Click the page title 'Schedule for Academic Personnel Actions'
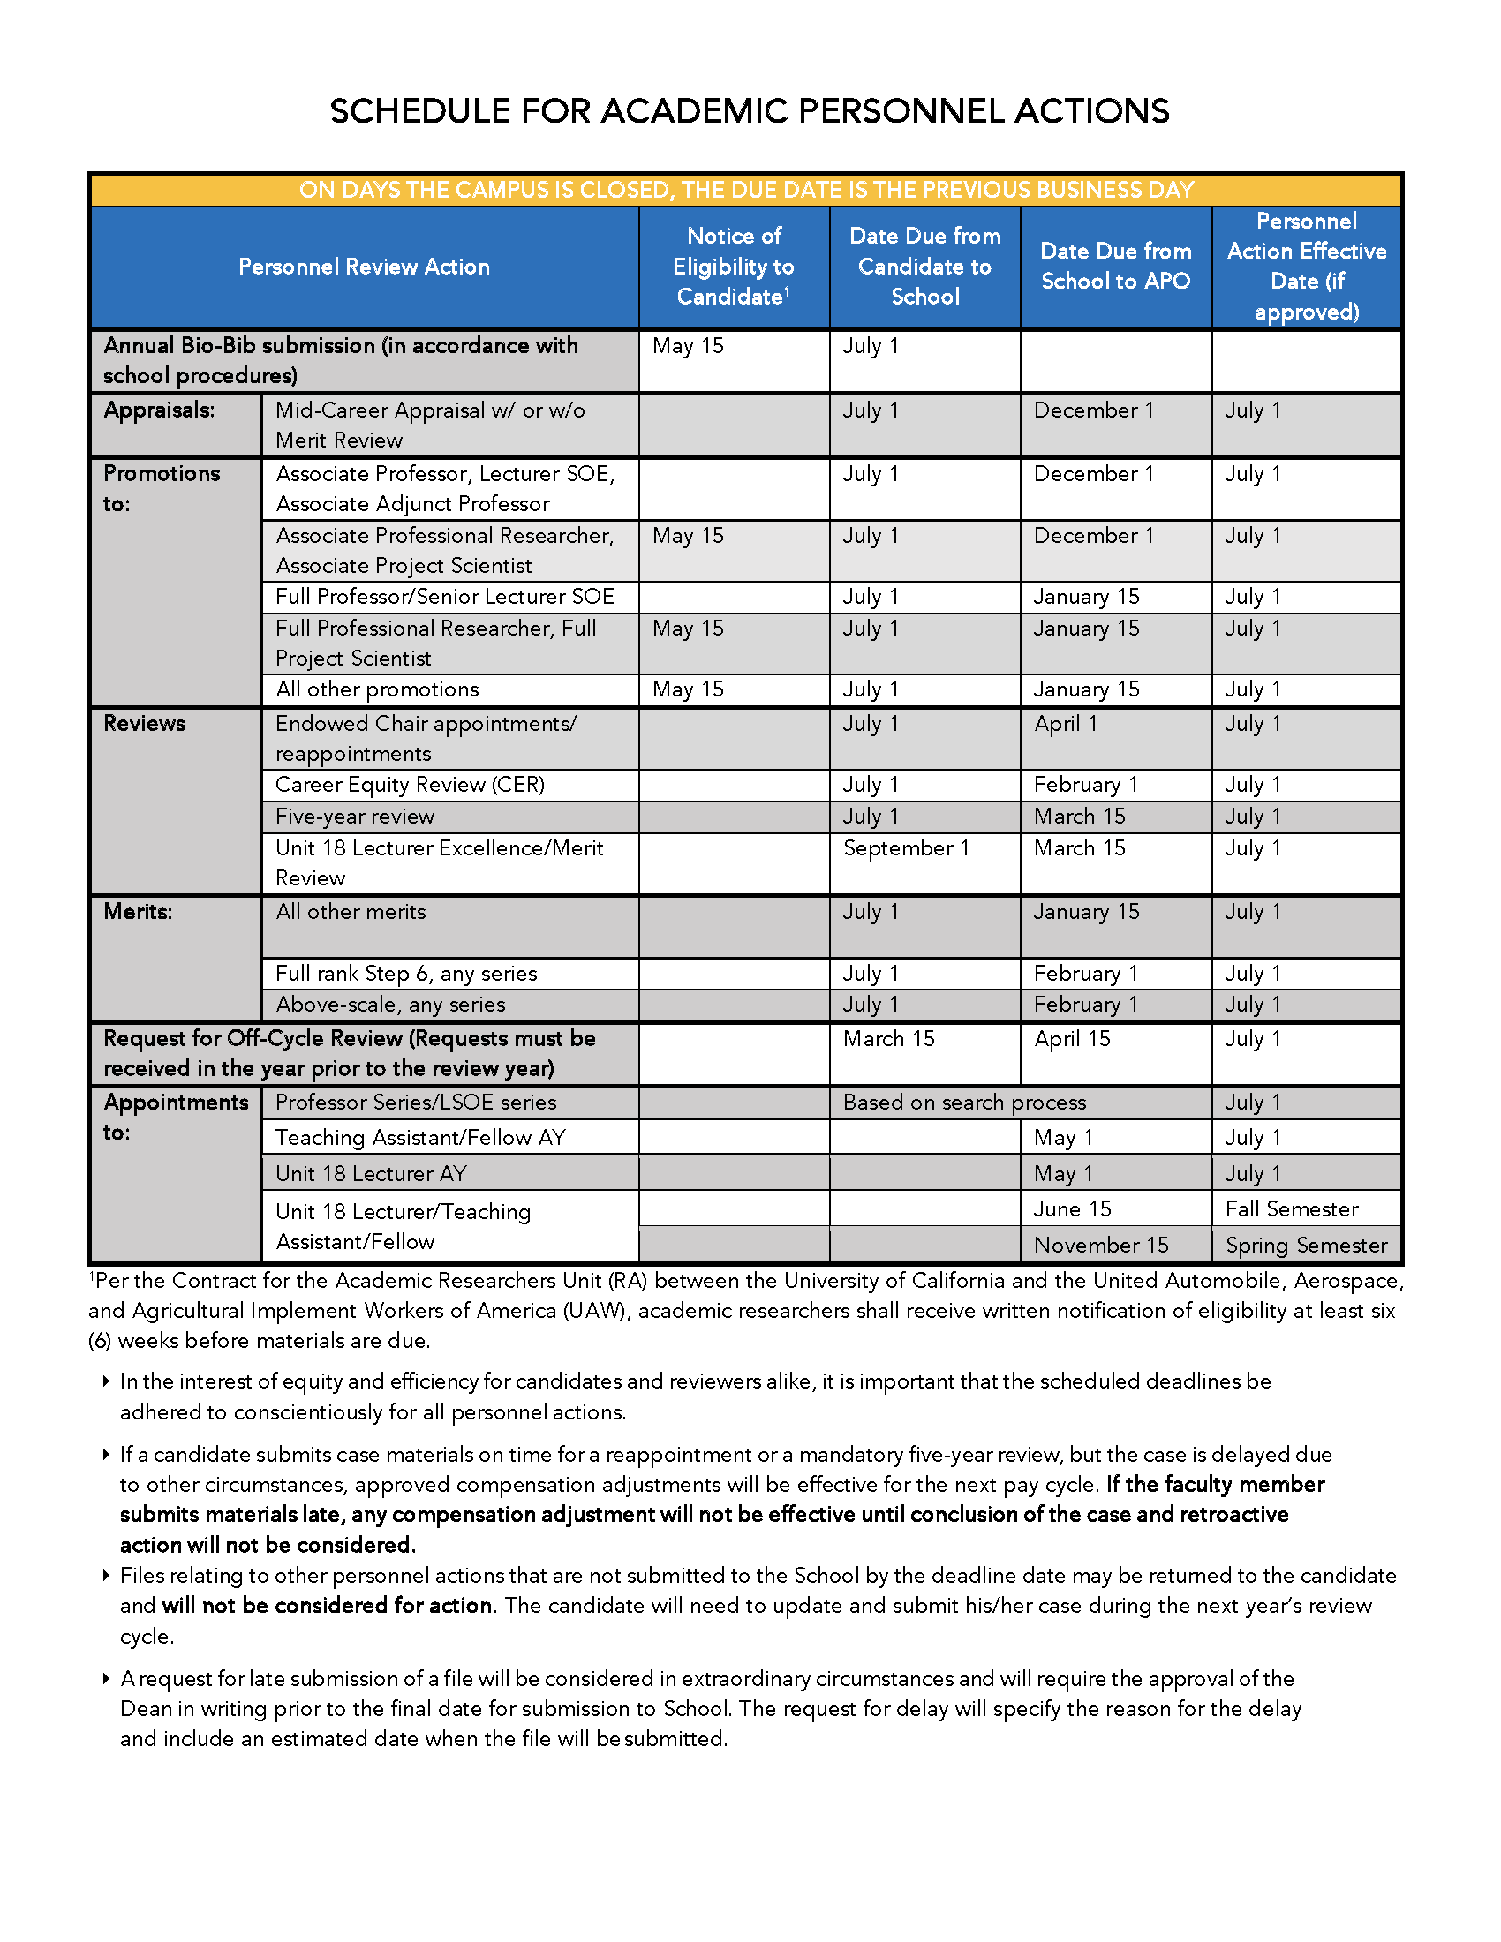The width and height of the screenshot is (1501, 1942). click(750, 111)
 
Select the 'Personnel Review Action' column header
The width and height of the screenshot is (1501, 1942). click(364, 267)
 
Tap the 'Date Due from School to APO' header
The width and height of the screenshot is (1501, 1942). click(1115, 266)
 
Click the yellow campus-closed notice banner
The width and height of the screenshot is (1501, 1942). click(746, 190)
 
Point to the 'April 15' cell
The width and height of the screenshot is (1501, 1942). click(1072, 1039)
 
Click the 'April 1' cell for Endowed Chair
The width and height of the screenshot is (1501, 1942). click(1066, 724)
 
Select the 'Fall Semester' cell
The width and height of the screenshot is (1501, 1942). click(1291, 1209)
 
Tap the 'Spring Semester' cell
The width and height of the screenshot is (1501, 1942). click(1305, 1246)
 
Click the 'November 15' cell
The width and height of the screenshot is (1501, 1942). click(1101, 1246)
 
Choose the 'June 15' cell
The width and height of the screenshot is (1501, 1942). click(1073, 1209)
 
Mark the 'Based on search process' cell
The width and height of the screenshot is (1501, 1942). click(964, 1103)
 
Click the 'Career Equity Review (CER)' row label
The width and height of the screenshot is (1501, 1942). click(410, 785)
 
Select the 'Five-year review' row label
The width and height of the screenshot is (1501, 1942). click(355, 817)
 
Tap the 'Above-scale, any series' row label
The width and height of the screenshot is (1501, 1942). click(390, 1005)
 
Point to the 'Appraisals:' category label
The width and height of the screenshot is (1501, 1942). click(159, 410)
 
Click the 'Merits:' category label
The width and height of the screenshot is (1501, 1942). click(138, 913)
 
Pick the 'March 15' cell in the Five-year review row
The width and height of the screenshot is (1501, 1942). click(1079, 817)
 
